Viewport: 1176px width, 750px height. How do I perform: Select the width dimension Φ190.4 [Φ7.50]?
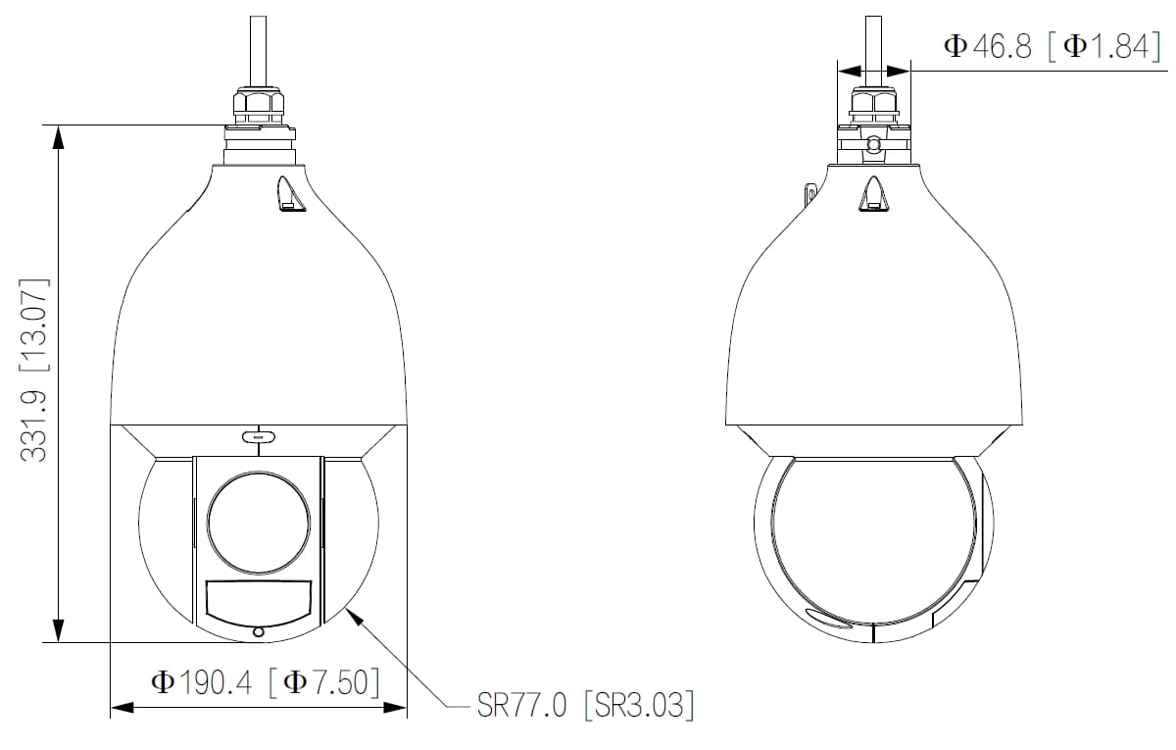point(264,681)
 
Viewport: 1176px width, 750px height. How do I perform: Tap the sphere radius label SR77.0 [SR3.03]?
point(585,705)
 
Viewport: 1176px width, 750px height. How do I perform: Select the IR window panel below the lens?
point(259,601)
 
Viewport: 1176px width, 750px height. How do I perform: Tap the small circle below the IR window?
point(258,632)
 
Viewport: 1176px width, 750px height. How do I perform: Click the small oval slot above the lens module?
point(258,435)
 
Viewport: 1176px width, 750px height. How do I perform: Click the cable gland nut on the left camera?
point(258,102)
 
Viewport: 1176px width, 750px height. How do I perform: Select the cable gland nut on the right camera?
point(873,101)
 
